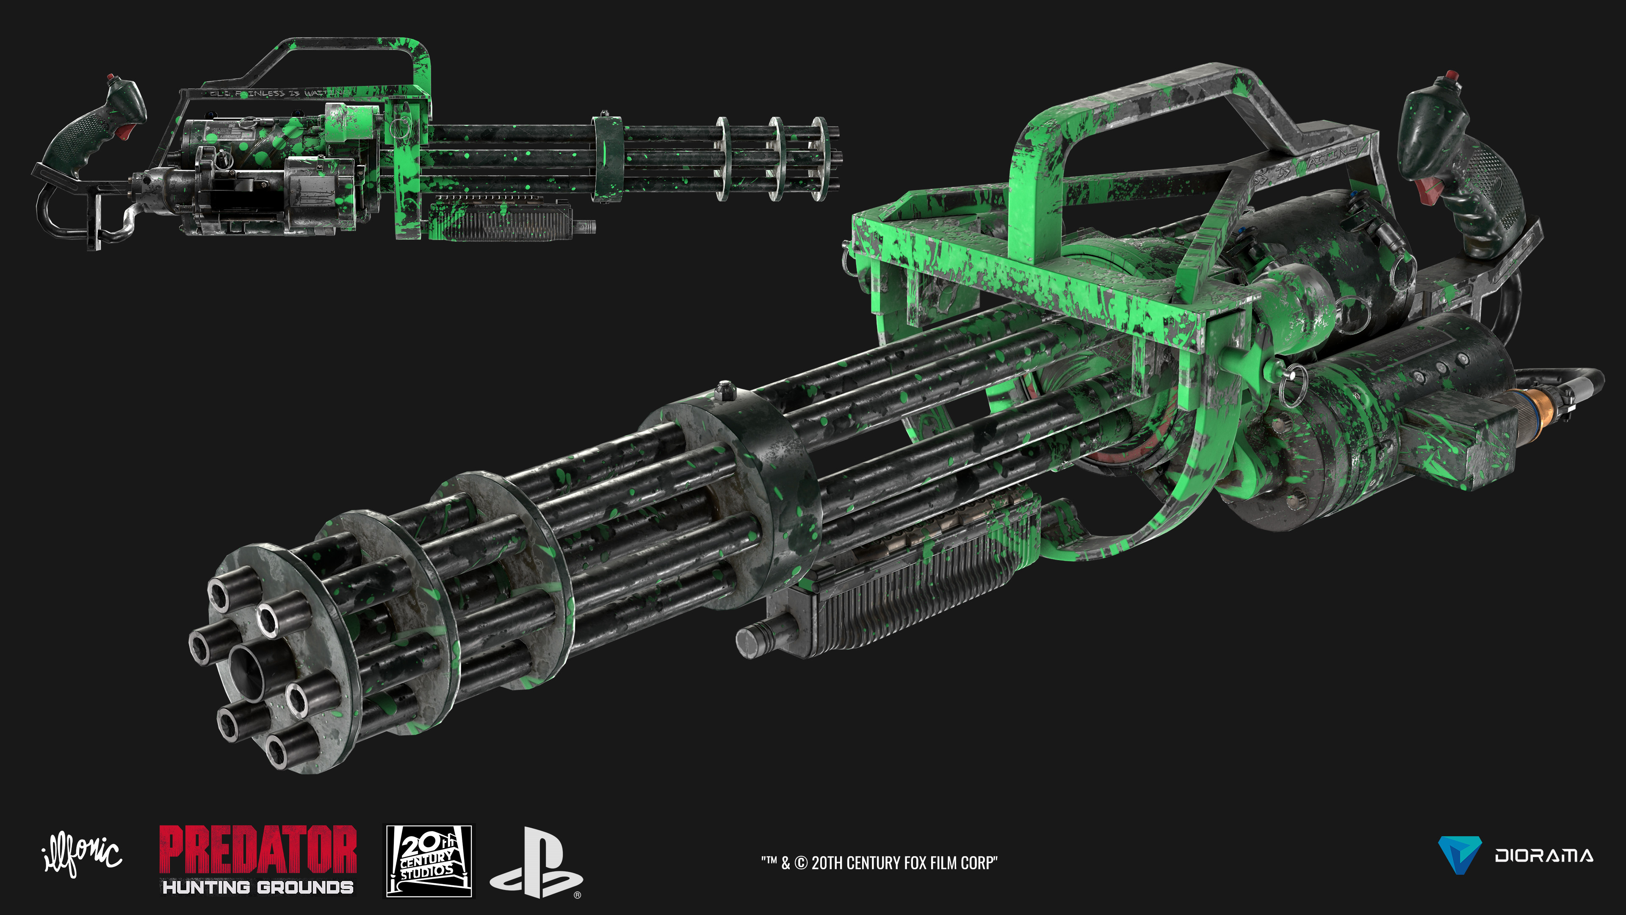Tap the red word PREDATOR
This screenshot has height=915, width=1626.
[257, 849]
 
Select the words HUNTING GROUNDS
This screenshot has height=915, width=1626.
[257, 887]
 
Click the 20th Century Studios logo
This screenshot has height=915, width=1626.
[429, 861]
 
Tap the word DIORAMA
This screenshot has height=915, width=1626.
[1543, 856]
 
